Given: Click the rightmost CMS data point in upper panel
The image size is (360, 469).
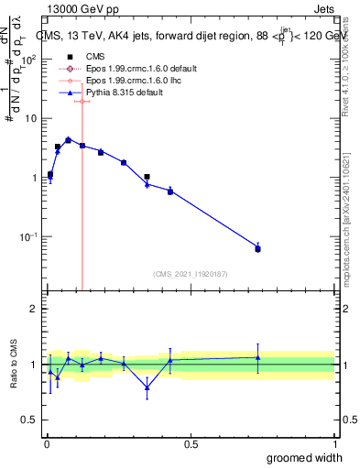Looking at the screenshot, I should tap(257, 249).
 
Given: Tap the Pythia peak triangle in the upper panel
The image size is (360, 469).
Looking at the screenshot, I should tap(68, 139).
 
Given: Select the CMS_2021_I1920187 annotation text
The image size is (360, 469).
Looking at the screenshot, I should tap(190, 273).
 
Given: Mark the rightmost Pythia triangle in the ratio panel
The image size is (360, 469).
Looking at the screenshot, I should tap(257, 357).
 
